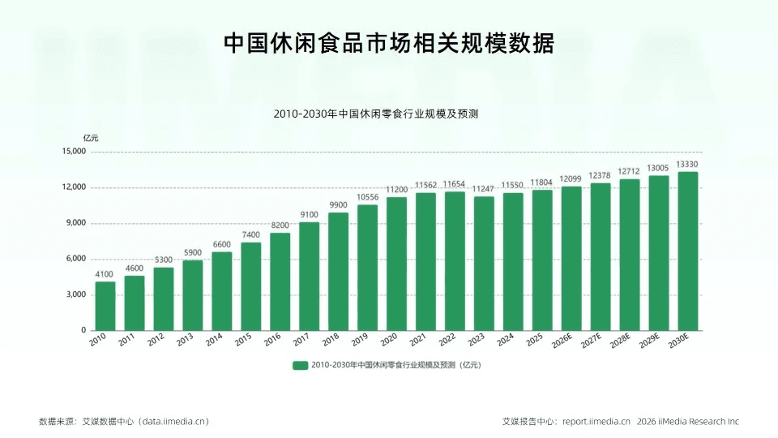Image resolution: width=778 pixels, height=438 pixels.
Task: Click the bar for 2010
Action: click(x=105, y=306)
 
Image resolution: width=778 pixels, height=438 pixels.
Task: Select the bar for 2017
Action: click(x=309, y=276)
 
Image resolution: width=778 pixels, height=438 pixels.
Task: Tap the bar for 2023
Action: click(x=484, y=264)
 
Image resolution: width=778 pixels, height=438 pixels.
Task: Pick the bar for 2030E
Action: click(x=688, y=251)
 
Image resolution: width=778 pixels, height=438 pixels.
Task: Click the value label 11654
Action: click(x=454, y=184)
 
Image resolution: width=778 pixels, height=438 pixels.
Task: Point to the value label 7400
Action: click(x=250, y=235)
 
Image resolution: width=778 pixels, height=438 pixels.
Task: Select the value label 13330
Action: click(x=687, y=165)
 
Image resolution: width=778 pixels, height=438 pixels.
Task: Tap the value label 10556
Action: click(x=367, y=197)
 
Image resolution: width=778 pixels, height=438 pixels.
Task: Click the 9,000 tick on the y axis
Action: click(x=76, y=223)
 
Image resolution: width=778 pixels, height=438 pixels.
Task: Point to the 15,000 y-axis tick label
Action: click(x=74, y=152)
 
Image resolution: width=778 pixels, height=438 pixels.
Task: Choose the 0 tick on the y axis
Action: click(x=83, y=330)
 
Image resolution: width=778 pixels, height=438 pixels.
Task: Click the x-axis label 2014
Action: click(x=214, y=340)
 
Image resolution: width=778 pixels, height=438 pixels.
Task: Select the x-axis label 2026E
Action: click(x=562, y=341)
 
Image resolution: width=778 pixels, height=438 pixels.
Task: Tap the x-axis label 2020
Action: click(x=389, y=340)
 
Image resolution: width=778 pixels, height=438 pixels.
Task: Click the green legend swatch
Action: click(x=300, y=366)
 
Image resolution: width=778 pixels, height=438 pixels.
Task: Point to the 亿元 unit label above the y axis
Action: click(x=91, y=138)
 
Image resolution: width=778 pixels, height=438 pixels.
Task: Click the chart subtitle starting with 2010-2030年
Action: click(x=375, y=114)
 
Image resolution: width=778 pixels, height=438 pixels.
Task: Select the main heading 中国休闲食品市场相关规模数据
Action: click(x=388, y=43)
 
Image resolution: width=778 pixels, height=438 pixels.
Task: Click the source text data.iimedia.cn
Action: click(x=173, y=422)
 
